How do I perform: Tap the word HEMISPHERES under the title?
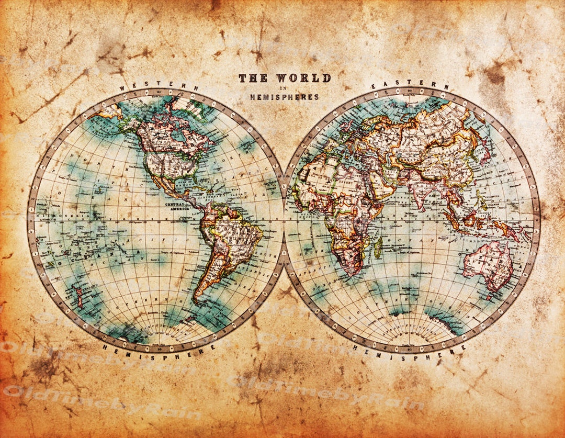285,97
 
